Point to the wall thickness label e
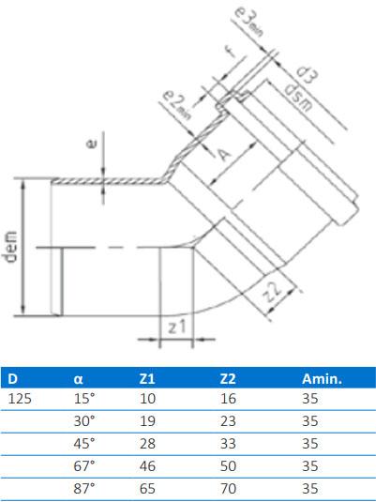(x=90, y=146)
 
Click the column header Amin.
(x=321, y=379)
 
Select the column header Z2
(x=227, y=379)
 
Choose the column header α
(x=79, y=379)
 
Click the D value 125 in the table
(x=21, y=399)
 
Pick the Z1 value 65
(x=146, y=489)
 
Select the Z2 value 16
(x=228, y=399)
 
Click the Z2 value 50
(x=228, y=466)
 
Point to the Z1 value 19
(x=146, y=421)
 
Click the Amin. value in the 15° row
(x=310, y=399)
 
